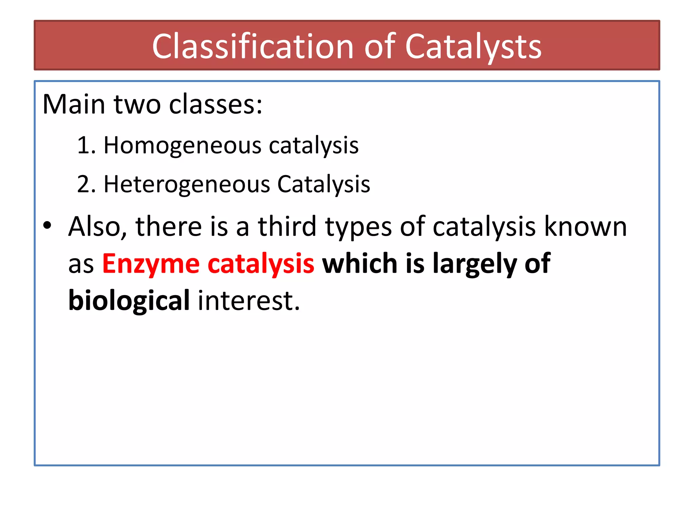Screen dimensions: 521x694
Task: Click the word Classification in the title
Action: click(x=253, y=47)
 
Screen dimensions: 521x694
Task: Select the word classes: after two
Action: click(x=216, y=104)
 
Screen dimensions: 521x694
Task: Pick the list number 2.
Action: click(x=83, y=185)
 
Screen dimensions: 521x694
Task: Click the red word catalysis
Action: click(x=261, y=264)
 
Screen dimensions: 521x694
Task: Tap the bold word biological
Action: click(x=129, y=301)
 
